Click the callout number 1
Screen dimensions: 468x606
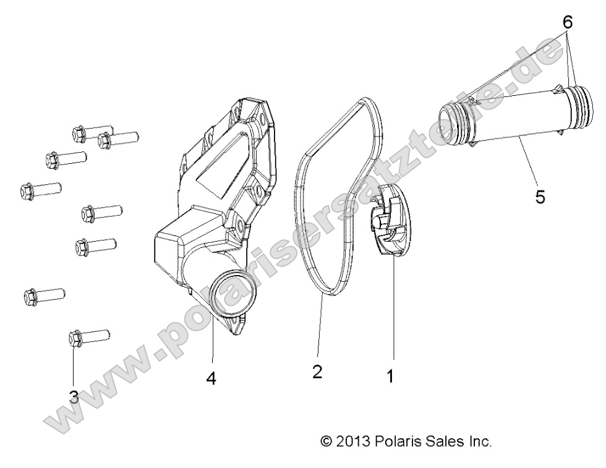click(x=390, y=375)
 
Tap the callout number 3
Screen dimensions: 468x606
click(x=74, y=397)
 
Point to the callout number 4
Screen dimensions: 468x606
click(x=211, y=379)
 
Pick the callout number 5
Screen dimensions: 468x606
click(x=540, y=197)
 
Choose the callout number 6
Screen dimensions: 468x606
click(x=567, y=23)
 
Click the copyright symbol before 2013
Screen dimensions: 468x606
click(x=326, y=441)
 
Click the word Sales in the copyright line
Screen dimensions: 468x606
click(x=442, y=441)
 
